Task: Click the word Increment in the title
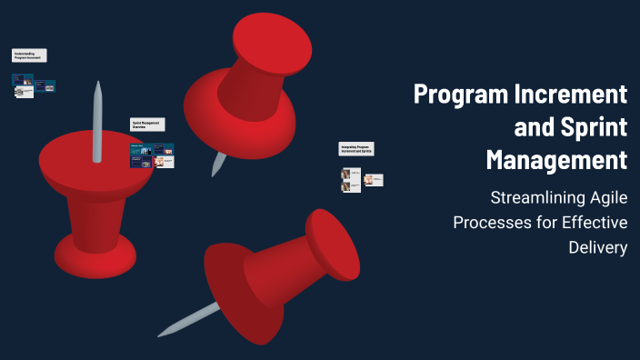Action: (577, 94)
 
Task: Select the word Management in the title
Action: (556, 159)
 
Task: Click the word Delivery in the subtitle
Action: (597, 246)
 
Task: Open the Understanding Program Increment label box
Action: (29, 55)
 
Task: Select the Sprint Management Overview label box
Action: (147, 125)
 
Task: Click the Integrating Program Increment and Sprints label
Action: (357, 149)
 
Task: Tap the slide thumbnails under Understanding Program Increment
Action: (34, 86)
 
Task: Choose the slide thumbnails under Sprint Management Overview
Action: (152, 155)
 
